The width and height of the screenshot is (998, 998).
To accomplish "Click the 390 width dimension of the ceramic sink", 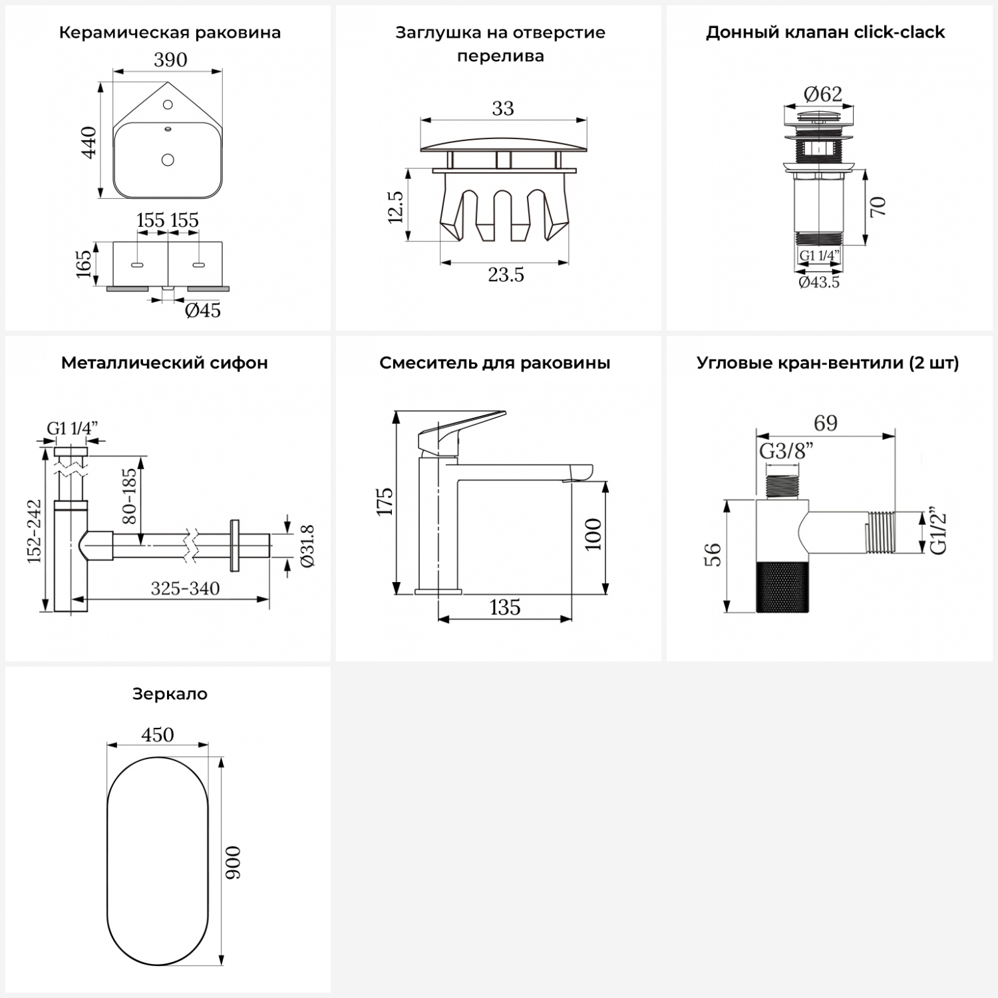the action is coord(170,60).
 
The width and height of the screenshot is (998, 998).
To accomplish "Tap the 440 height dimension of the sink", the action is coord(88,142).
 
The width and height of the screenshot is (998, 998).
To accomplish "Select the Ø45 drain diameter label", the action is coord(203,310).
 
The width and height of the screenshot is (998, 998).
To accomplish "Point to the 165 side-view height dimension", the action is coord(84,263).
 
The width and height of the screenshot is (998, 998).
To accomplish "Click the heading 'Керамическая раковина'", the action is coord(170,33).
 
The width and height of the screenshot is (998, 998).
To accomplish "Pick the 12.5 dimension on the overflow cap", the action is coord(395,207).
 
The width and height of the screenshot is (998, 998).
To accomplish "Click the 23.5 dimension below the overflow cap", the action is coord(506,274).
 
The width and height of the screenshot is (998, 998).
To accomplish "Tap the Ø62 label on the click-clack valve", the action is coord(823,94).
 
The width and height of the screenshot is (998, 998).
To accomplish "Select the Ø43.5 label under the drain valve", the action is coord(819,282).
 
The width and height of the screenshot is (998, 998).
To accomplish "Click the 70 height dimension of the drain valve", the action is coord(878,206).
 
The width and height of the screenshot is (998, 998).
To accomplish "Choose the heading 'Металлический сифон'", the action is coord(164,363).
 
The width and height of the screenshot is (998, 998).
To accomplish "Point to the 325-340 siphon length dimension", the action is coord(185,588).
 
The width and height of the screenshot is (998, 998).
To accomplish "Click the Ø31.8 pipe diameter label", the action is coord(307,546).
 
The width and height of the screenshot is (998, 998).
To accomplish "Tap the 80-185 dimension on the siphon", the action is coord(129,496).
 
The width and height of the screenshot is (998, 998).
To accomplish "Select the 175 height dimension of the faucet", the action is coord(385,501).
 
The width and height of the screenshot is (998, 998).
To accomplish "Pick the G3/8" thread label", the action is coord(787,451).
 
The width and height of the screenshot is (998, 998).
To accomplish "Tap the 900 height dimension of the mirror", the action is coord(233,863).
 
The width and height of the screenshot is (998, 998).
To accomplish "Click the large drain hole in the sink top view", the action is coord(168,160).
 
